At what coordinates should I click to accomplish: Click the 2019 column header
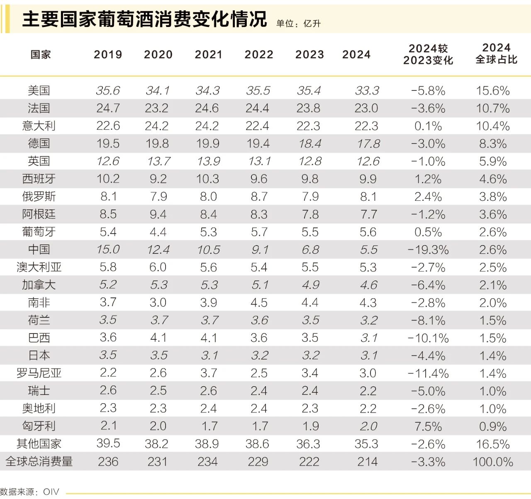point(108,54)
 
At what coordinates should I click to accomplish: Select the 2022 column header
point(259,54)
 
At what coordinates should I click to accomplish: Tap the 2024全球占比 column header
point(496,54)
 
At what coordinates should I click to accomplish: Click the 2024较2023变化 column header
point(428,54)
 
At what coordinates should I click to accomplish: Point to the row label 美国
point(39,90)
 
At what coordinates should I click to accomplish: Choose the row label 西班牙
point(39,179)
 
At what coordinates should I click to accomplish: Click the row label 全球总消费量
point(39,461)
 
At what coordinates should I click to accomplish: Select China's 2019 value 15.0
point(108,249)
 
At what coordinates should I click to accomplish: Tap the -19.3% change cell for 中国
point(428,250)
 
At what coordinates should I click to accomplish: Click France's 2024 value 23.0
point(366,108)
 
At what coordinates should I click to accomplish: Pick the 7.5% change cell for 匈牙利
point(428,426)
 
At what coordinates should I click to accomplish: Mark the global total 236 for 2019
point(108,462)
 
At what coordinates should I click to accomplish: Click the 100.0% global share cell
point(493,462)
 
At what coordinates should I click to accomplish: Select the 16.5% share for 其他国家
point(493,444)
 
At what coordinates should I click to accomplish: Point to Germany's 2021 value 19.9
point(208,144)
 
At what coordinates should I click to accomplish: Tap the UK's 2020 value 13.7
point(158,161)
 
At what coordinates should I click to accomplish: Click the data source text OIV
point(51,492)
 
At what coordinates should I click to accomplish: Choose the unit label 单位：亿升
point(299,24)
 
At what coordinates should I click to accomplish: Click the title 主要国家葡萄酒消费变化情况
point(144,19)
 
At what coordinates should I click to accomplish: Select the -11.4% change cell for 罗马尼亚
point(428,373)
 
